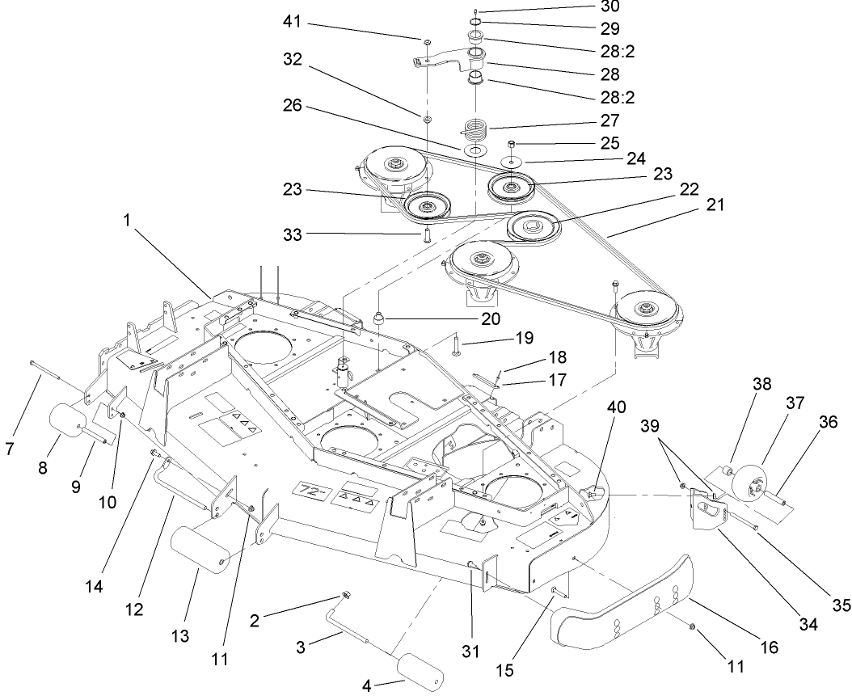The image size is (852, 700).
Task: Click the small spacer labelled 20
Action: tap(376, 314)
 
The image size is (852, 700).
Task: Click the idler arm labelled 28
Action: tap(445, 59)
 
